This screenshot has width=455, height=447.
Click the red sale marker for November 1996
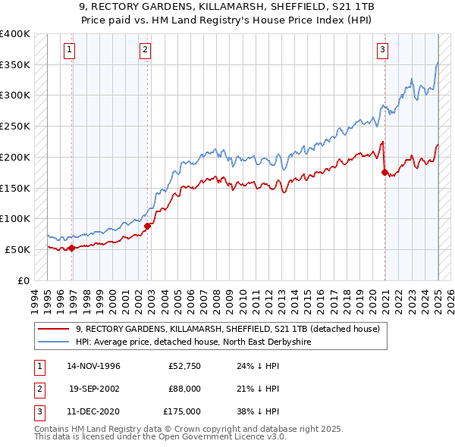(72, 248)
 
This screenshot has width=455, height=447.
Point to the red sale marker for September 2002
(148, 225)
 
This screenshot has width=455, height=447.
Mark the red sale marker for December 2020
(384, 172)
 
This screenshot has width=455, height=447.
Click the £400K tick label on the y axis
(15, 34)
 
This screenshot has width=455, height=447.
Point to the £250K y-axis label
(15, 127)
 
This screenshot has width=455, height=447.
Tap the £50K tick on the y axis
(17, 249)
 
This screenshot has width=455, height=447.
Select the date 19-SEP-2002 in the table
(94, 389)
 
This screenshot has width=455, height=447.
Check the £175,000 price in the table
(182, 411)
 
